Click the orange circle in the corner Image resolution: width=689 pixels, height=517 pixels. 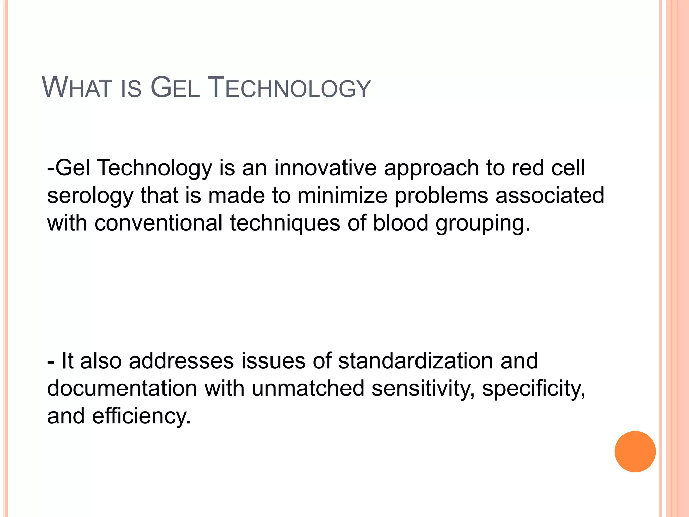[635, 451]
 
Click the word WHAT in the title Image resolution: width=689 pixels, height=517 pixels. [76, 88]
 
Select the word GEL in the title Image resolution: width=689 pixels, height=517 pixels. [175, 88]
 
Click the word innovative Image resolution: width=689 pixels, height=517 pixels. [325, 168]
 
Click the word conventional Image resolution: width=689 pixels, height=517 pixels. [158, 223]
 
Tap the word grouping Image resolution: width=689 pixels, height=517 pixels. [483, 223]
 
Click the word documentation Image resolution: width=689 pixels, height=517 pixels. [122, 388]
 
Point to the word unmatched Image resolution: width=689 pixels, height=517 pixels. [308, 388]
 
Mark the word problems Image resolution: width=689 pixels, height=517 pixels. [441, 196]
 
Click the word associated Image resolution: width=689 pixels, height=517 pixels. [550, 196]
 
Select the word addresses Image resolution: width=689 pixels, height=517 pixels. [181, 361]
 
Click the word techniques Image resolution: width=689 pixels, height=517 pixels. [285, 223]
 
